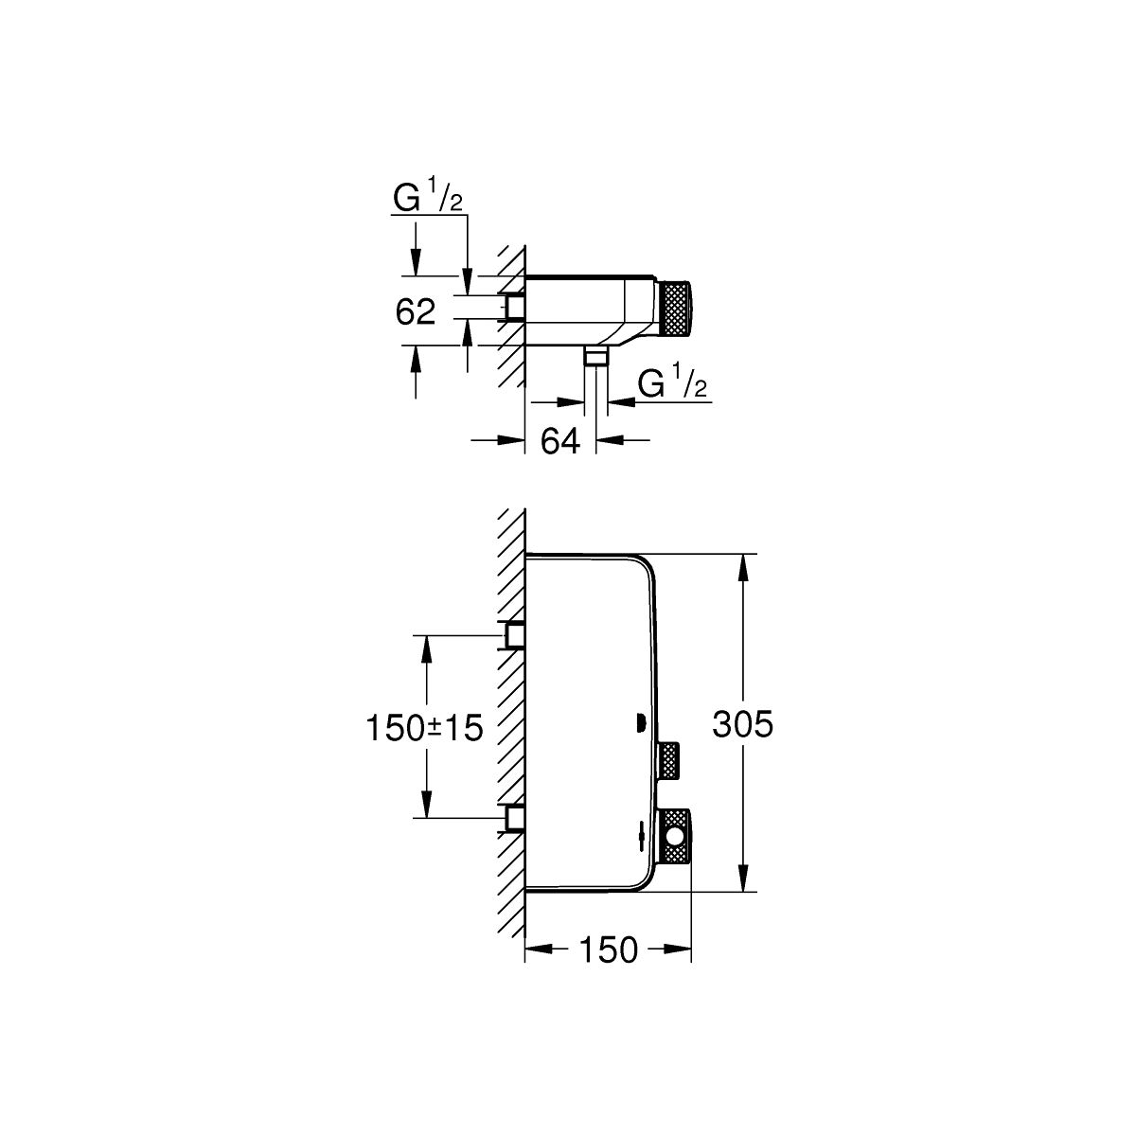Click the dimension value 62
click(x=415, y=311)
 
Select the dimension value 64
click(x=560, y=441)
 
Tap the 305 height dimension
click(x=742, y=724)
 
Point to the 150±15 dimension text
click(x=424, y=727)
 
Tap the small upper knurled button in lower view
click(x=669, y=761)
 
